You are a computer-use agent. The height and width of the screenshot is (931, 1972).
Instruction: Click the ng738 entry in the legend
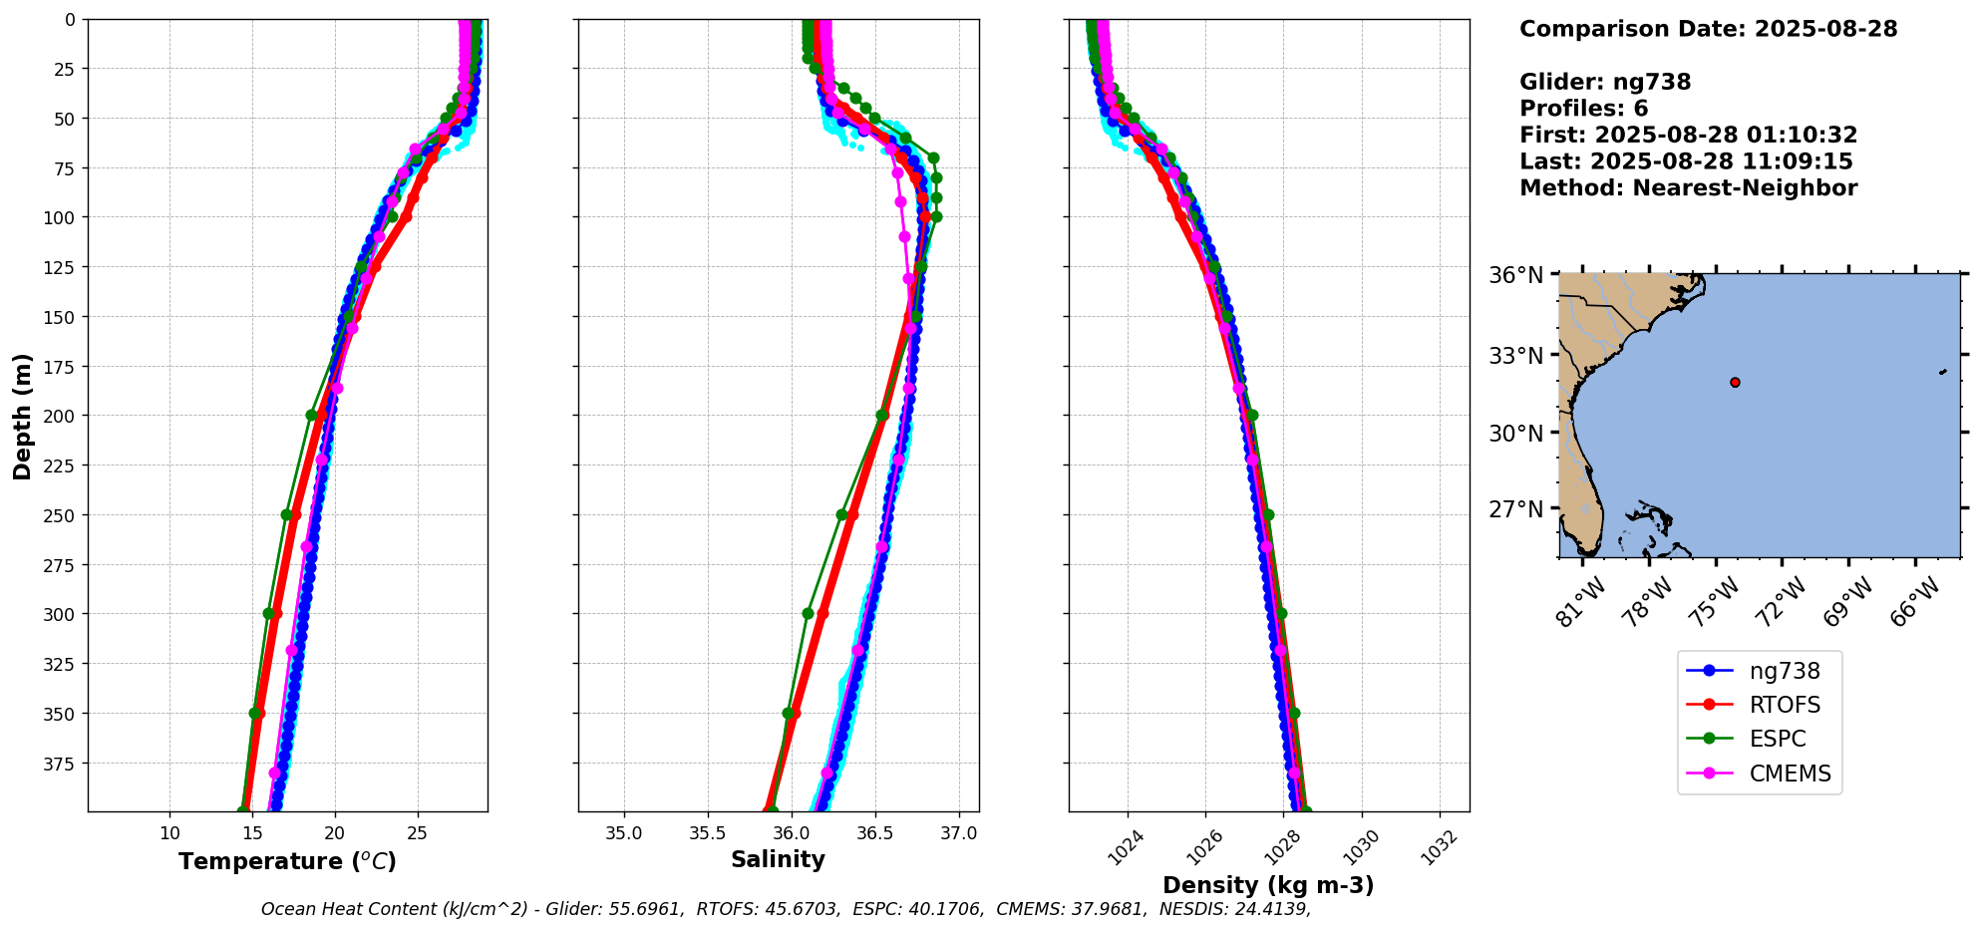pyautogui.click(x=1784, y=671)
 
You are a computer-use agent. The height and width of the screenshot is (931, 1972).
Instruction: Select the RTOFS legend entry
pyautogui.click(x=1784, y=705)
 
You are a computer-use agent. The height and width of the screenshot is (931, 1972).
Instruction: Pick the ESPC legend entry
pyautogui.click(x=1777, y=739)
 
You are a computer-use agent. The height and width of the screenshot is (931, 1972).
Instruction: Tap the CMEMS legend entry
pyautogui.click(x=1790, y=774)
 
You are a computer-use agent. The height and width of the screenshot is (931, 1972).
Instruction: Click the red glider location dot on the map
pyautogui.click(x=1735, y=382)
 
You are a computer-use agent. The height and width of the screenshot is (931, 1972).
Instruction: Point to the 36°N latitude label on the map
pyautogui.click(x=1515, y=275)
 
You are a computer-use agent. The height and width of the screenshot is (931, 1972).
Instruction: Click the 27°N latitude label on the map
pyautogui.click(x=1515, y=509)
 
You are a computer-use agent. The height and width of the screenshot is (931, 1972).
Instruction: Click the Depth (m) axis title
pyautogui.click(x=22, y=416)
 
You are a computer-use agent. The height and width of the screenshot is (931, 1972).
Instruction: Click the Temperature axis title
pyautogui.click(x=287, y=861)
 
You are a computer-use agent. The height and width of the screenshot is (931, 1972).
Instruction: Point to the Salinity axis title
pyautogui.click(x=778, y=859)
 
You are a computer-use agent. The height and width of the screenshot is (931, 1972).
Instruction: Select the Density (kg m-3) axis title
pyautogui.click(x=1268, y=885)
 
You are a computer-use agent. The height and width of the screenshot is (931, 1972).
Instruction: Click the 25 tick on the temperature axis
pyautogui.click(x=417, y=833)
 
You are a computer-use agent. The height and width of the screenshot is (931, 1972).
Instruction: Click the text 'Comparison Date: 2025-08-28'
pyautogui.click(x=1708, y=29)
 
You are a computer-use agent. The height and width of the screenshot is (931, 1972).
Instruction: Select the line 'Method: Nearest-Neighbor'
pyautogui.click(x=1688, y=188)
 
